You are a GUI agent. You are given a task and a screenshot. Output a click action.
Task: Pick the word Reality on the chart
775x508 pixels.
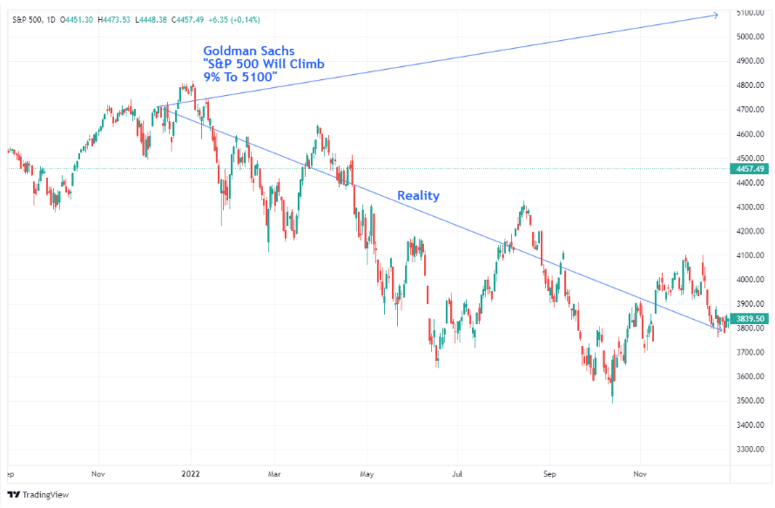click(418, 196)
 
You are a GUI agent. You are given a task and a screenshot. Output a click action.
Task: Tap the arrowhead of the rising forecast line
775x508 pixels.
click(717, 14)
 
